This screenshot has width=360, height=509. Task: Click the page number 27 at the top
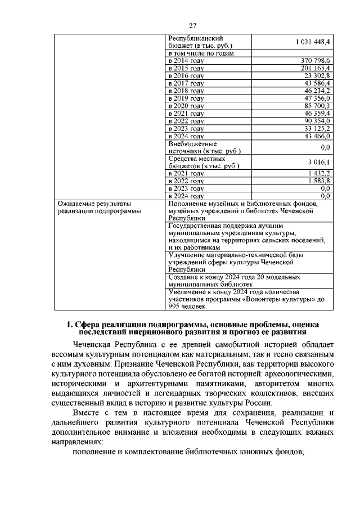point(192,25)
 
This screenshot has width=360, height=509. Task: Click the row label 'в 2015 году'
point(186,68)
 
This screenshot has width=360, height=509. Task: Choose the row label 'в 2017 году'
point(186,83)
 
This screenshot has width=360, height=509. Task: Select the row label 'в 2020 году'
point(186,106)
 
